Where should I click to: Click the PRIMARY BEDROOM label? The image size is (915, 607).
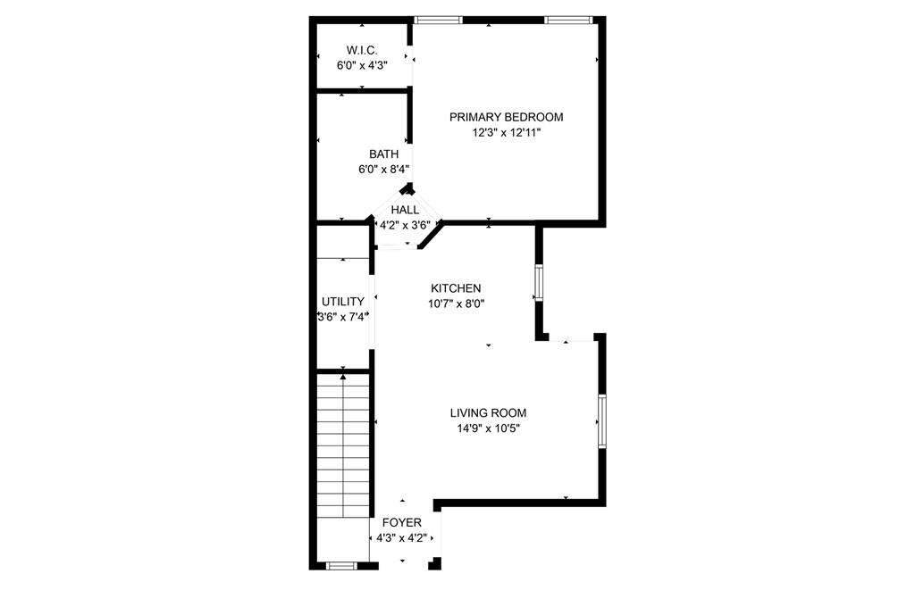pyautogui.click(x=506, y=117)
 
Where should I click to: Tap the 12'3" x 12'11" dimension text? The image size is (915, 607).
pyautogui.click(x=507, y=132)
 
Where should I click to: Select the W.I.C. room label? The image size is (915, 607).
pyautogui.click(x=362, y=49)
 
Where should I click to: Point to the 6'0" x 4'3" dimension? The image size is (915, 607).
pyautogui.click(x=362, y=64)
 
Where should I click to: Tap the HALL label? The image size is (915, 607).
pyautogui.click(x=405, y=210)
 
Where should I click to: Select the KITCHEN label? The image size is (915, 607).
pyautogui.click(x=456, y=288)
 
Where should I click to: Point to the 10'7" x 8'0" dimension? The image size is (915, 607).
pyautogui.click(x=457, y=303)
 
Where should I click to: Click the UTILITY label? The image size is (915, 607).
pyautogui.click(x=343, y=302)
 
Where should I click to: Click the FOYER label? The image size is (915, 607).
pyautogui.click(x=402, y=523)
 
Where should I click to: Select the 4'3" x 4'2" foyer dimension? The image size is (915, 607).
pyautogui.click(x=402, y=538)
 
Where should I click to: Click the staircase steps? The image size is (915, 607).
pyautogui.click(x=344, y=446)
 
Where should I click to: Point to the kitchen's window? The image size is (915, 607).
pyautogui.click(x=539, y=282)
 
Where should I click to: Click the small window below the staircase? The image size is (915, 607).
pyautogui.click(x=340, y=565)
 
